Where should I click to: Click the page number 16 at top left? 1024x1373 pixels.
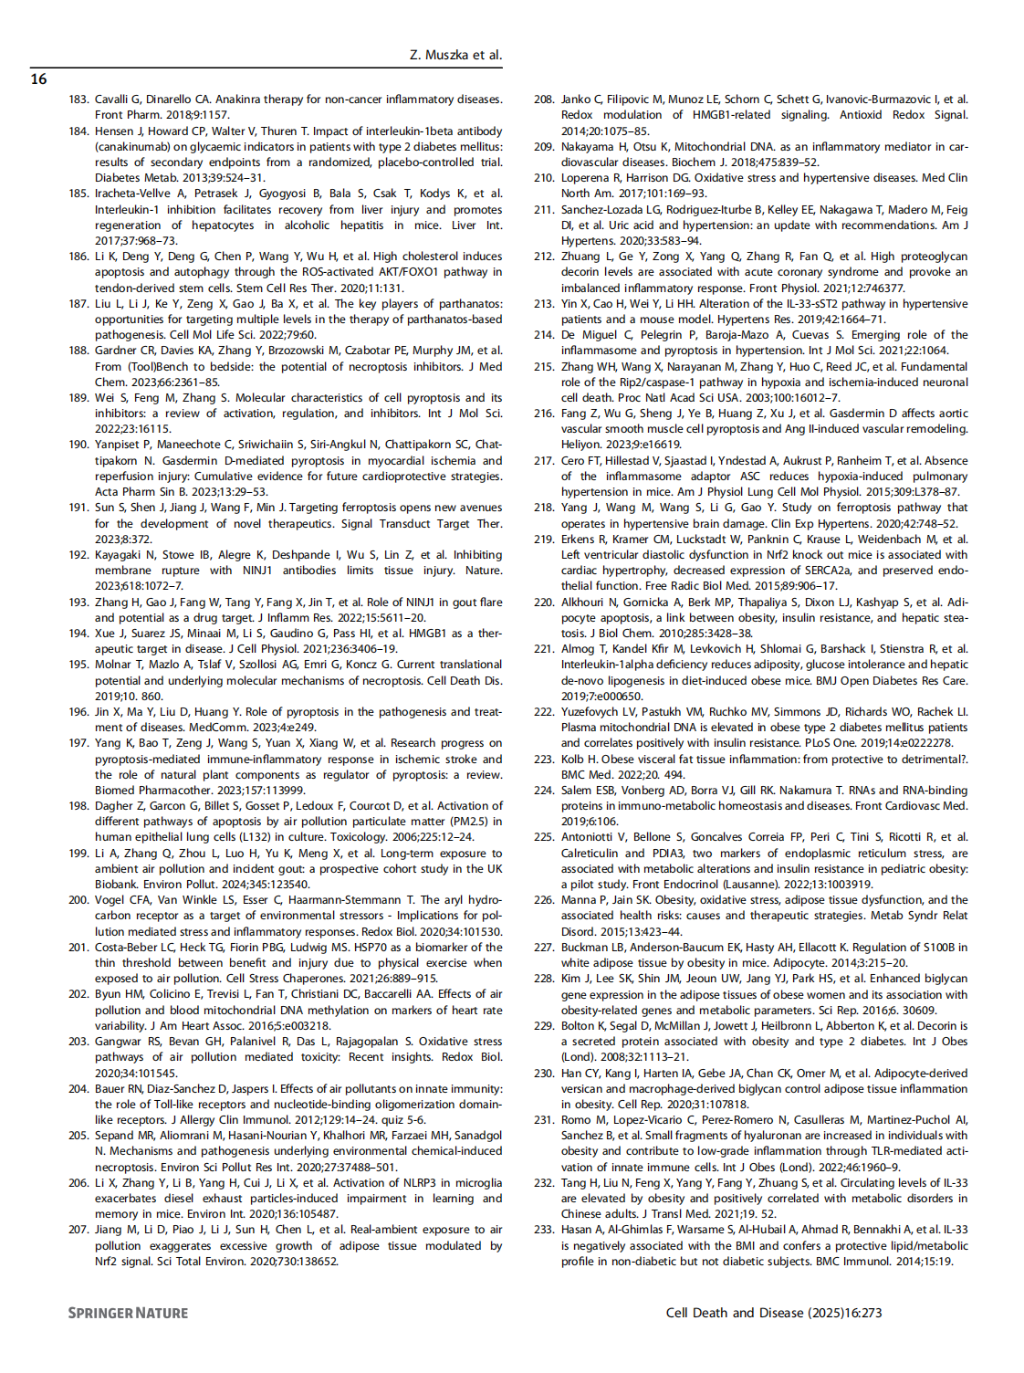pyautogui.click(x=38, y=79)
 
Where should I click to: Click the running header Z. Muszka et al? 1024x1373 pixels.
pyautogui.click(x=455, y=55)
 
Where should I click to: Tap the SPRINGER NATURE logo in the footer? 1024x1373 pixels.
pyautogui.click(x=128, y=1313)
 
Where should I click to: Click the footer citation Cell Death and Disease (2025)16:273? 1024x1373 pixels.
pyautogui.click(x=774, y=1313)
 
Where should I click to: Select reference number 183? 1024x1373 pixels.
pyautogui.click(x=78, y=100)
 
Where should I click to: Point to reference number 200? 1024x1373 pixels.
pyautogui.click(x=78, y=900)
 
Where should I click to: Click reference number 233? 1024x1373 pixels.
pyautogui.click(x=544, y=1230)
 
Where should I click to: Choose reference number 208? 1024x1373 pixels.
pyautogui.click(x=544, y=100)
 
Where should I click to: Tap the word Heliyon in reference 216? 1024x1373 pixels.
pyautogui.click(x=581, y=445)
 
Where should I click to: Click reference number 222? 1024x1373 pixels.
pyautogui.click(x=544, y=712)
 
